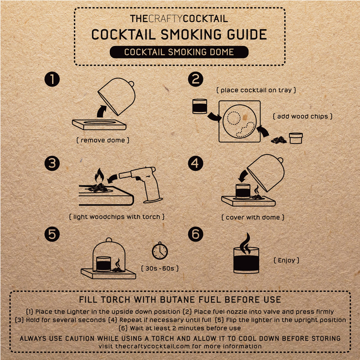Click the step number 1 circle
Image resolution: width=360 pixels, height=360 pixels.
(52, 80)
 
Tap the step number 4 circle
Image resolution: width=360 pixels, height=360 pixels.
(195, 163)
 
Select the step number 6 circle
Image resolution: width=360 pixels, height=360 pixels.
(195, 234)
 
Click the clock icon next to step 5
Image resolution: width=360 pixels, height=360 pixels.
(160, 251)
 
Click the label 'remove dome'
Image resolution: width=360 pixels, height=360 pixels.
(103, 140)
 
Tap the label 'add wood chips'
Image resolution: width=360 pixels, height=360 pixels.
(303, 116)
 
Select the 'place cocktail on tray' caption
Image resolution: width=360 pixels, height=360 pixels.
(256, 90)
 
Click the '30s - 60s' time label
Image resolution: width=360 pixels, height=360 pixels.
(160, 268)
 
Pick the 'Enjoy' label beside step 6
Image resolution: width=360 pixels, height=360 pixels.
(286, 260)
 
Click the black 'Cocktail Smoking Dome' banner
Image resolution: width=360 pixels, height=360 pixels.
(179, 52)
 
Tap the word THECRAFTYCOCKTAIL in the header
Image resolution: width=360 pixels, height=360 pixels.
(179, 19)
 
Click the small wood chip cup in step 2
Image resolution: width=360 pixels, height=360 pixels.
(296, 137)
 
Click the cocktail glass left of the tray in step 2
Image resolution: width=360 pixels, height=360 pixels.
(199, 106)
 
